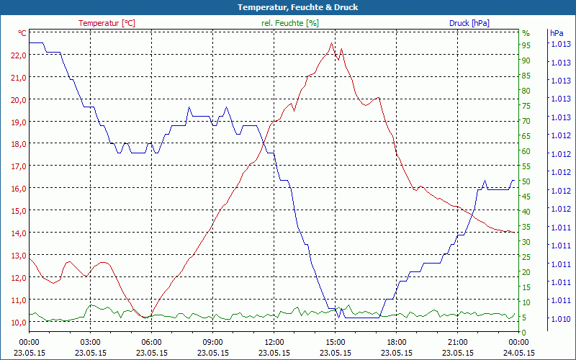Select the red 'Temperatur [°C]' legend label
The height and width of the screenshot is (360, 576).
tap(107, 23)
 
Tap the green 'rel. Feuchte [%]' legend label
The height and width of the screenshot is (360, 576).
tap(290, 23)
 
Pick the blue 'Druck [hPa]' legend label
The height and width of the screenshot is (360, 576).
tap(469, 23)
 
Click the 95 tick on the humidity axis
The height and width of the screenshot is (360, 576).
tap(526, 45)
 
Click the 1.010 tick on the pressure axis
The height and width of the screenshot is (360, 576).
tap(560, 319)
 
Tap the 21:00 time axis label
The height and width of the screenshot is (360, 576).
tap(459, 342)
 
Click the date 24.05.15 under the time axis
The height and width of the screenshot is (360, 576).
tap(520, 353)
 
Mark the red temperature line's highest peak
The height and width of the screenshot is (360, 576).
tap(332, 43)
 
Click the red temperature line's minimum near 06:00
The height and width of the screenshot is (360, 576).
tap(146, 318)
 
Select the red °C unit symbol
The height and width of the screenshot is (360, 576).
tap(22, 33)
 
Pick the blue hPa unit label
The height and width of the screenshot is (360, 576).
tap(557, 33)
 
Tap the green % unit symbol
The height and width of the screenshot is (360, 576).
tap(526, 33)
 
